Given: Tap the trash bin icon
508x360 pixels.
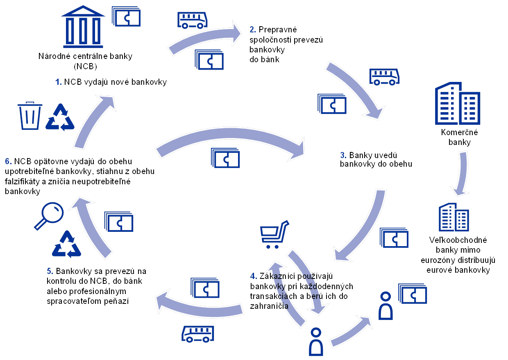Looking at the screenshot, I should click(x=30, y=116).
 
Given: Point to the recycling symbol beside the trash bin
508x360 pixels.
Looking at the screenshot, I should click(x=60, y=117).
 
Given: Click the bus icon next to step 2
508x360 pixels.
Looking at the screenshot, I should click(x=192, y=20).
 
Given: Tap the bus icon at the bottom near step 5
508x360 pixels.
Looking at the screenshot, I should click(x=198, y=334).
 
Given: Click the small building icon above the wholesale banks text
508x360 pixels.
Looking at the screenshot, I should click(x=454, y=217).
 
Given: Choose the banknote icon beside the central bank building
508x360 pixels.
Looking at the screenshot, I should click(x=127, y=17).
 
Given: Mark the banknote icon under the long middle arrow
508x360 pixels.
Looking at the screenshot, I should click(x=225, y=158).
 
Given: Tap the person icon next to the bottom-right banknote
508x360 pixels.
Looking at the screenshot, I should click(x=386, y=306).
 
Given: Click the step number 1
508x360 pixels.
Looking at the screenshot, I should click(x=58, y=82).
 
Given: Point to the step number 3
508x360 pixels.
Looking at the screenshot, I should click(x=342, y=155).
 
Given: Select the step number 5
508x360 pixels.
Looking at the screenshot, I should click(x=49, y=271).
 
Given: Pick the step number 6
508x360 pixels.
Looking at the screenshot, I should click(x=8, y=161).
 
